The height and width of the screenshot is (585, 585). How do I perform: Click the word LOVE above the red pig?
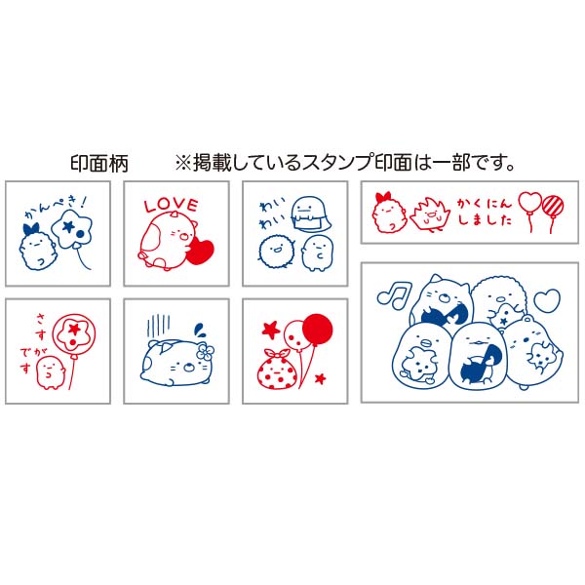pyautogui.click(x=171, y=205)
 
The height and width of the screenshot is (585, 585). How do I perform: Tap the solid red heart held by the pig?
pyautogui.click(x=202, y=253)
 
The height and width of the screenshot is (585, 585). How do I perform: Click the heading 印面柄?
pyautogui.click(x=99, y=164)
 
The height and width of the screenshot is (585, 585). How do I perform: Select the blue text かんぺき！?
pyautogui.click(x=56, y=208)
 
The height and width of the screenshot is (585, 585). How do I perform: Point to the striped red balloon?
pyautogui.click(x=553, y=205)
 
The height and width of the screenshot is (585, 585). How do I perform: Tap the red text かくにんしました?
pyautogui.click(x=485, y=212)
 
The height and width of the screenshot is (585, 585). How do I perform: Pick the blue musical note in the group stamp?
pyautogui.click(x=394, y=294)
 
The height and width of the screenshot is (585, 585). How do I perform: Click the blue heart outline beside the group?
pyautogui.click(x=547, y=300)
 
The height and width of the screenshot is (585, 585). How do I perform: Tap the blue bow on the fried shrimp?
pyautogui.click(x=31, y=229)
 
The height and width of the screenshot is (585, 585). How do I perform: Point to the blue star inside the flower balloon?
pyautogui.click(x=68, y=225)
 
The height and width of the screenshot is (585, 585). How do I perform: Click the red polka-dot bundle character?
pyautogui.click(x=278, y=370)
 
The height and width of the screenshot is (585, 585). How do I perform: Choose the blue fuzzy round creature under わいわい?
pyautogui.click(x=277, y=250)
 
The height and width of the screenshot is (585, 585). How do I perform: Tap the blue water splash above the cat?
pyautogui.click(x=199, y=330)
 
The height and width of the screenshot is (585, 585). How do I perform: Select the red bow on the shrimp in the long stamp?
pyautogui.click(x=384, y=197)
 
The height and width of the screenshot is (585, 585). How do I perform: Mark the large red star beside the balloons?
pyautogui.click(x=271, y=330)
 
